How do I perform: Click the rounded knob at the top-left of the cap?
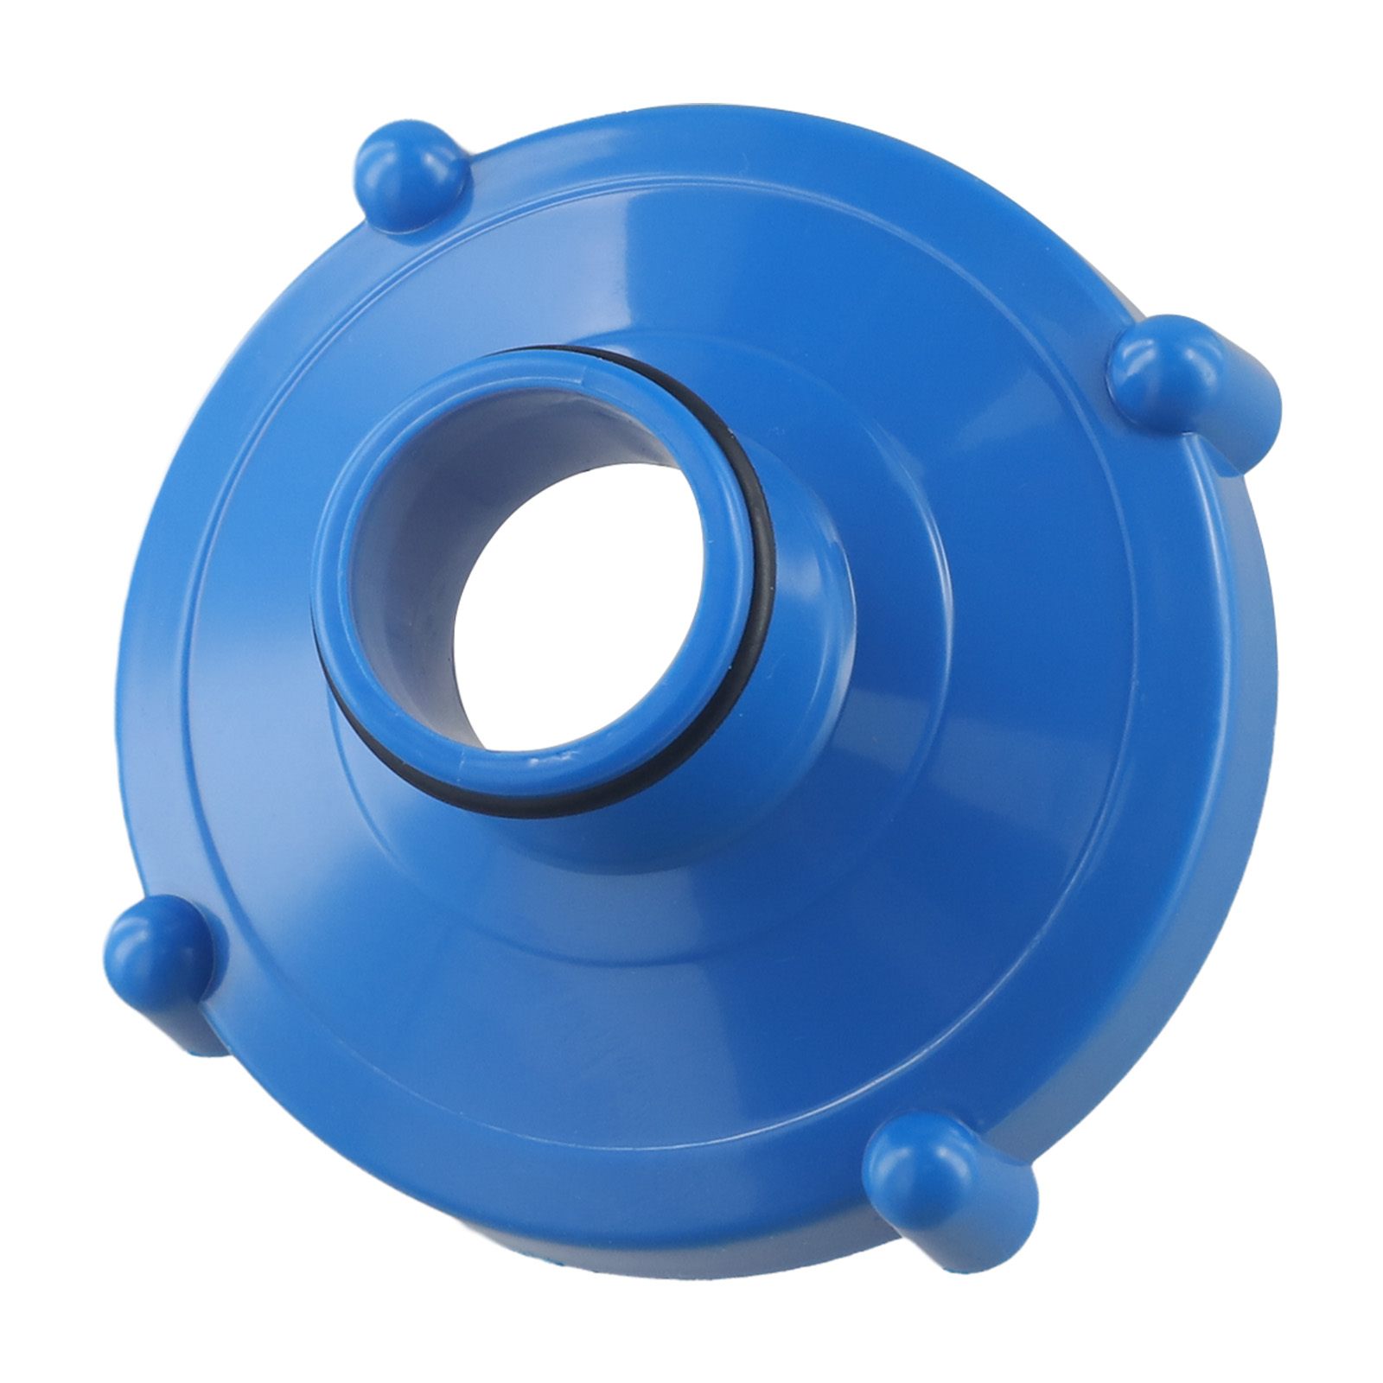(408, 177)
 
